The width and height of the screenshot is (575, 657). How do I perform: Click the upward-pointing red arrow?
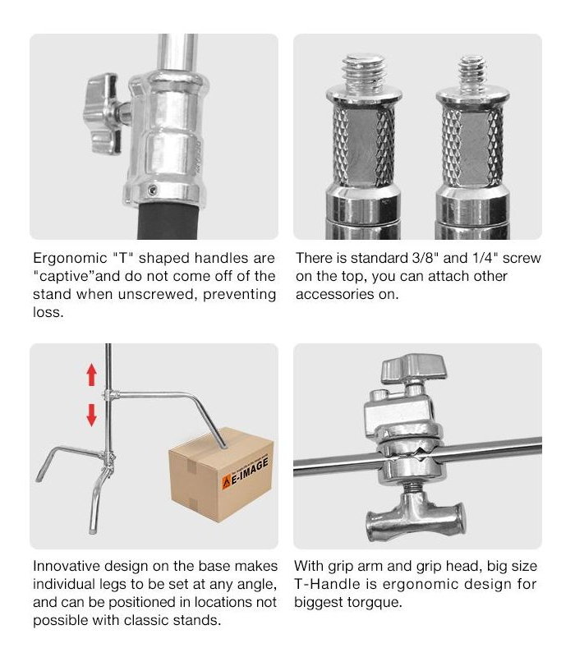(x=91, y=374)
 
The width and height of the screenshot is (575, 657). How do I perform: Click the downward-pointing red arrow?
(x=91, y=415)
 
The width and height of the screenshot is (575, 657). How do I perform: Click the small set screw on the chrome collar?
(x=153, y=191)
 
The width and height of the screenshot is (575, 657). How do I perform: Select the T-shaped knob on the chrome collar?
(x=104, y=113)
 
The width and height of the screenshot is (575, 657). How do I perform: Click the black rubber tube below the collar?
(x=168, y=221)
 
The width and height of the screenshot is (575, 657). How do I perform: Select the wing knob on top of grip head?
(x=414, y=367)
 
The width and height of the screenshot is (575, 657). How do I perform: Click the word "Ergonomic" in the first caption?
(x=70, y=259)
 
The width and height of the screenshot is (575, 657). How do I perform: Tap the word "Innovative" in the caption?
(x=67, y=566)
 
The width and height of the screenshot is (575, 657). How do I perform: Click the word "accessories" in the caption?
(x=334, y=294)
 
